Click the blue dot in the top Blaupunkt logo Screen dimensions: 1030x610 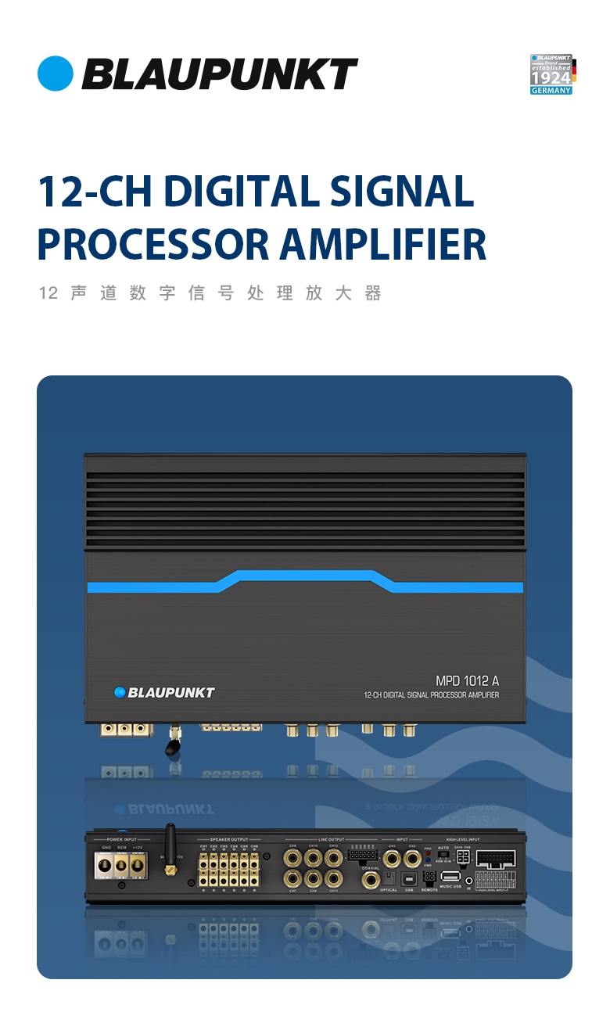point(55,74)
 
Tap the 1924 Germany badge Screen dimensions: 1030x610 point(551,74)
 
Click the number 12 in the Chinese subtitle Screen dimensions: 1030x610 point(48,294)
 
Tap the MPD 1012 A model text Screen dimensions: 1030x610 point(467,681)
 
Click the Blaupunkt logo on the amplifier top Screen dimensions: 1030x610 point(164,692)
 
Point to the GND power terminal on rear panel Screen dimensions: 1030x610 point(105,866)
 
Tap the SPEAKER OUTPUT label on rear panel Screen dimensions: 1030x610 point(228,839)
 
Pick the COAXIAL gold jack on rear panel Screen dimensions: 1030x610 point(371,879)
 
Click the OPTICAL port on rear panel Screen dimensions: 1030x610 point(389,879)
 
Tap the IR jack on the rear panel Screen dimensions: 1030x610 point(469,881)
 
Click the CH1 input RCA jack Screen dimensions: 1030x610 point(392,859)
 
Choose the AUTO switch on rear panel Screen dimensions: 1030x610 point(443,856)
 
